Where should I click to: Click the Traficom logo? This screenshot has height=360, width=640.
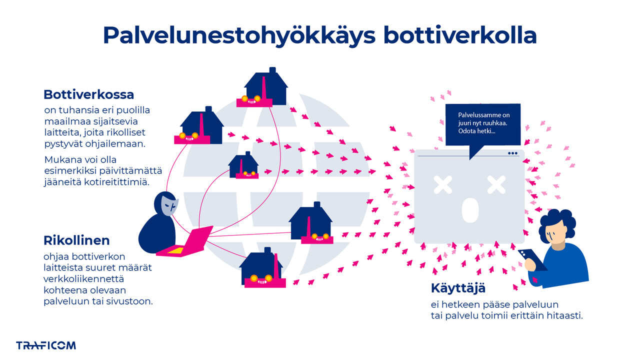click(x=46, y=345)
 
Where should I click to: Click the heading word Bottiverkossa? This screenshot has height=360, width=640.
click(x=88, y=94)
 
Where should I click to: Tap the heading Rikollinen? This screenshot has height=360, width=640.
click(x=76, y=240)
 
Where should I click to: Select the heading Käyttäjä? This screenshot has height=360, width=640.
click(x=458, y=288)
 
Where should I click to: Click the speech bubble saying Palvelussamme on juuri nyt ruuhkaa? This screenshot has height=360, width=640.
click(x=482, y=124)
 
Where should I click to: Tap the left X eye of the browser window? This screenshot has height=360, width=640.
click(x=442, y=185)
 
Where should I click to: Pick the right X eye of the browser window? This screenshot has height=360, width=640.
click(x=496, y=185)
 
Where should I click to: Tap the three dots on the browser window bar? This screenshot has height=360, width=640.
click(x=512, y=153)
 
